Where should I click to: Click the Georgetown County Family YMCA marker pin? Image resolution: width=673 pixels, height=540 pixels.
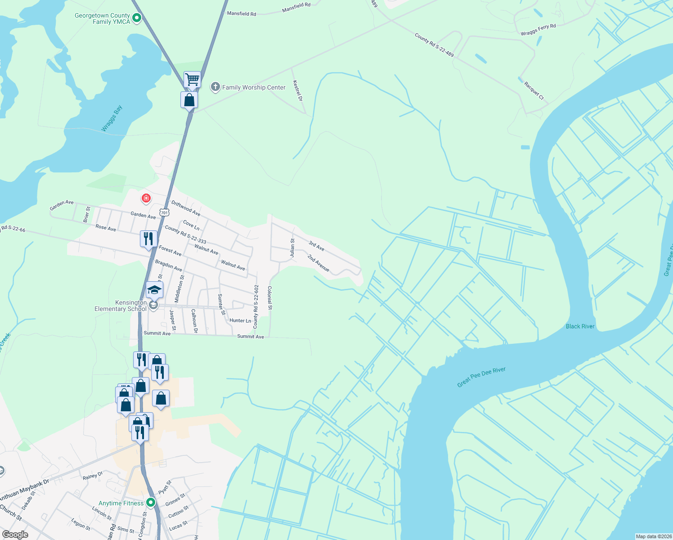(137, 18)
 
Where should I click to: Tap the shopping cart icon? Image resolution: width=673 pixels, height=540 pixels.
(192, 80)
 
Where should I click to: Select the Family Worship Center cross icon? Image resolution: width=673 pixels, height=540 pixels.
(215, 87)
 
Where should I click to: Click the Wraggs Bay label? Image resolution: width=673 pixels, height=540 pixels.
(112, 119)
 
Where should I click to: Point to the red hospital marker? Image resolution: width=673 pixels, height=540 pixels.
(146, 198)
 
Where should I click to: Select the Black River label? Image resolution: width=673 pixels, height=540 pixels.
(580, 326)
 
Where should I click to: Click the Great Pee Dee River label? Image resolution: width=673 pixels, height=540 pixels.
(481, 377)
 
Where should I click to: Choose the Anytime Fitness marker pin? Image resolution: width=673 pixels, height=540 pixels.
(151, 502)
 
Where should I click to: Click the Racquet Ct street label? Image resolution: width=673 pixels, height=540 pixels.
(534, 90)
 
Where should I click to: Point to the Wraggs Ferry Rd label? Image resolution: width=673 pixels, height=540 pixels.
(538, 30)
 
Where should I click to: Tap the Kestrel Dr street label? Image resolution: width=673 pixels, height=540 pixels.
(297, 90)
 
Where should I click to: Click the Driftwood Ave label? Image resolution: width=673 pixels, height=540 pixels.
(186, 208)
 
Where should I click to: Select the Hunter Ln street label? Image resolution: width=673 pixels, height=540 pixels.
(240, 320)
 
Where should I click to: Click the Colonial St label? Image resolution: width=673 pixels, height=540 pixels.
(270, 298)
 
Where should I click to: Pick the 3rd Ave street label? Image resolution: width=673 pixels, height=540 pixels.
(316, 246)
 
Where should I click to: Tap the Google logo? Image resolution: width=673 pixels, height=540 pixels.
(15, 535)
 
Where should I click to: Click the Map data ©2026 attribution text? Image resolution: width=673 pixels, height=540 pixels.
(653, 536)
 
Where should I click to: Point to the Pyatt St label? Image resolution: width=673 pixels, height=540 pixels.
(165, 487)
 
